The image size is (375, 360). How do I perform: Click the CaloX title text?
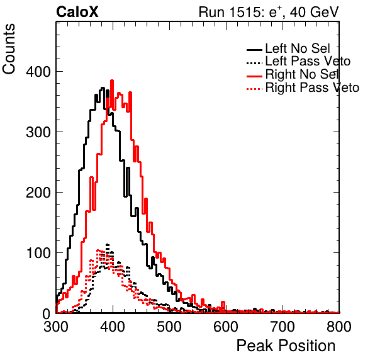click(x=77, y=12)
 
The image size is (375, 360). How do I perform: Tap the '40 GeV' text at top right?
click(x=315, y=12)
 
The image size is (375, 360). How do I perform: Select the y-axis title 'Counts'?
click(x=9, y=49)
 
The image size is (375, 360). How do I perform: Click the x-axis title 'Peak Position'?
click(x=286, y=346)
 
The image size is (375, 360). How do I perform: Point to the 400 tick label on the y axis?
click(x=38, y=72)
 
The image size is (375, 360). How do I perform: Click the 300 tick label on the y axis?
click(x=38, y=132)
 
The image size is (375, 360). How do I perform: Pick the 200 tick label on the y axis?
click(x=38, y=193)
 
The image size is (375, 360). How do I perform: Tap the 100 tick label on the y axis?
click(x=38, y=252)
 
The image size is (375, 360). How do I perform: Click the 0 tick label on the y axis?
click(x=47, y=313)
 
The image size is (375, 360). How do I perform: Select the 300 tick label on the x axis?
click(x=56, y=327)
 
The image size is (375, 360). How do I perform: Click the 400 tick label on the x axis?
click(x=113, y=327)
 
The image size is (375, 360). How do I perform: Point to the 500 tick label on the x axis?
click(x=169, y=327)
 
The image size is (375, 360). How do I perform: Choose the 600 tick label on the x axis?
click(x=226, y=327)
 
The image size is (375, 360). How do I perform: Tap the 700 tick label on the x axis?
click(x=283, y=327)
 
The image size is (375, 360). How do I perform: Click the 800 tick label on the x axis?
click(x=339, y=327)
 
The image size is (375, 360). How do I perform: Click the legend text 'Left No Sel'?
click(x=298, y=48)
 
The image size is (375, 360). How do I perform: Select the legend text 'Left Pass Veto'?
click(x=308, y=62)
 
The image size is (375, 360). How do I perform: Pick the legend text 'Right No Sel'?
click(x=302, y=74)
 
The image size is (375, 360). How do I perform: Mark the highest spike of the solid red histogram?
click(x=112, y=81)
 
